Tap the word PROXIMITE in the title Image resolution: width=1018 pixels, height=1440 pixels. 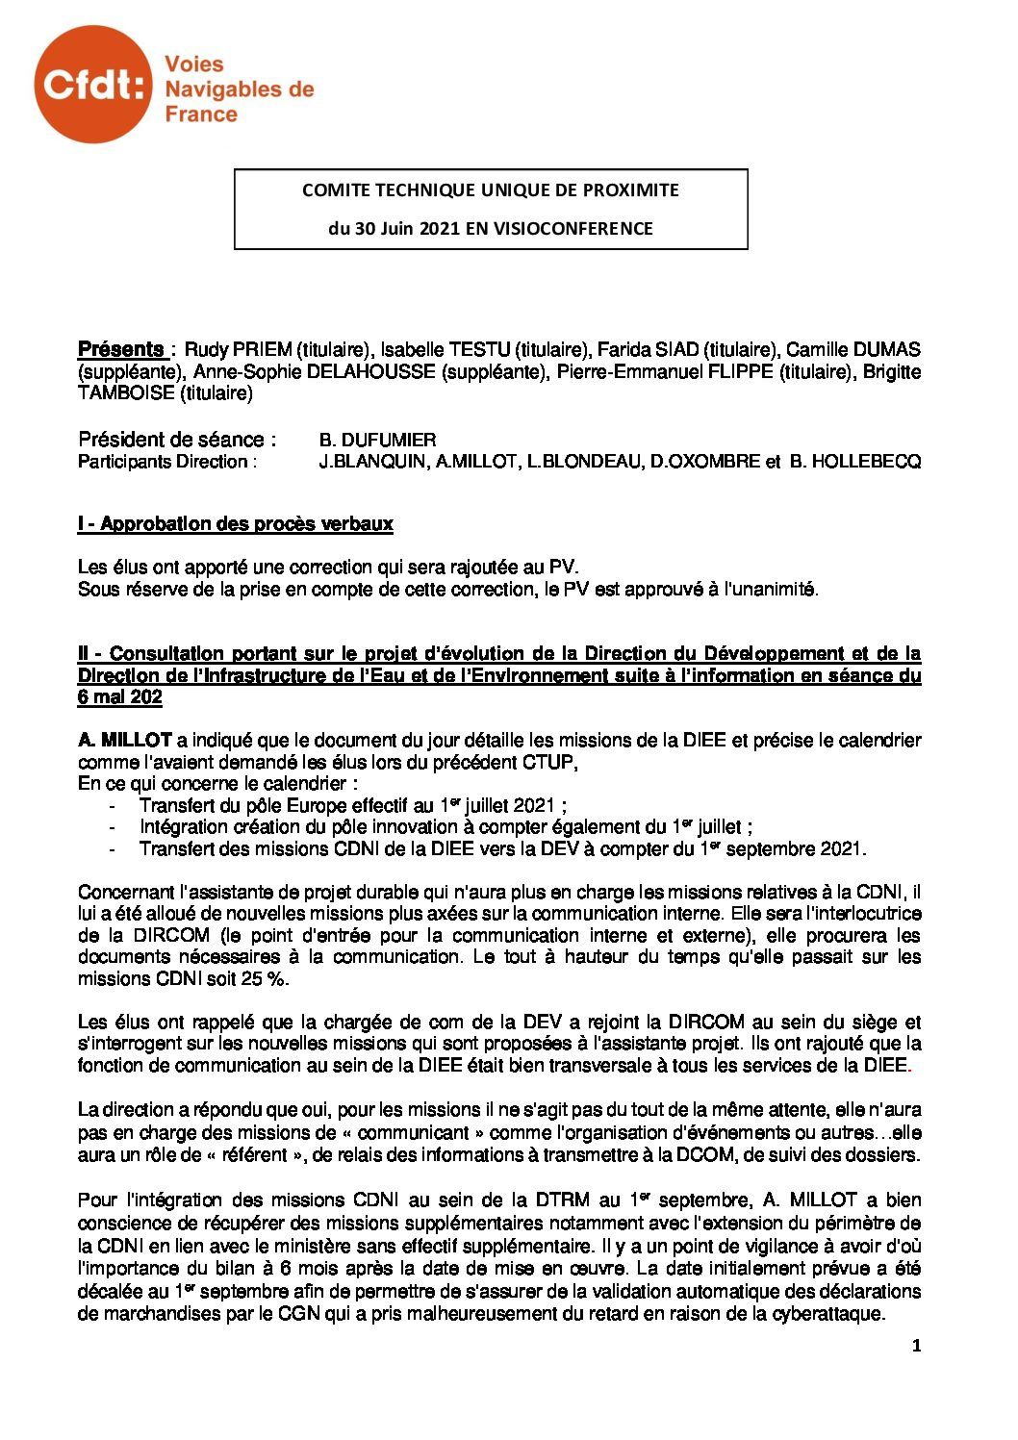point(630,189)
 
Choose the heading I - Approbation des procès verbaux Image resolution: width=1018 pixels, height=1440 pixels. point(235,524)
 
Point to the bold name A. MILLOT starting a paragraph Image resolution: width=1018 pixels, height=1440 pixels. point(124,740)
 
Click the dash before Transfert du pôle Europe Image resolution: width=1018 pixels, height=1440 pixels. point(115,805)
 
